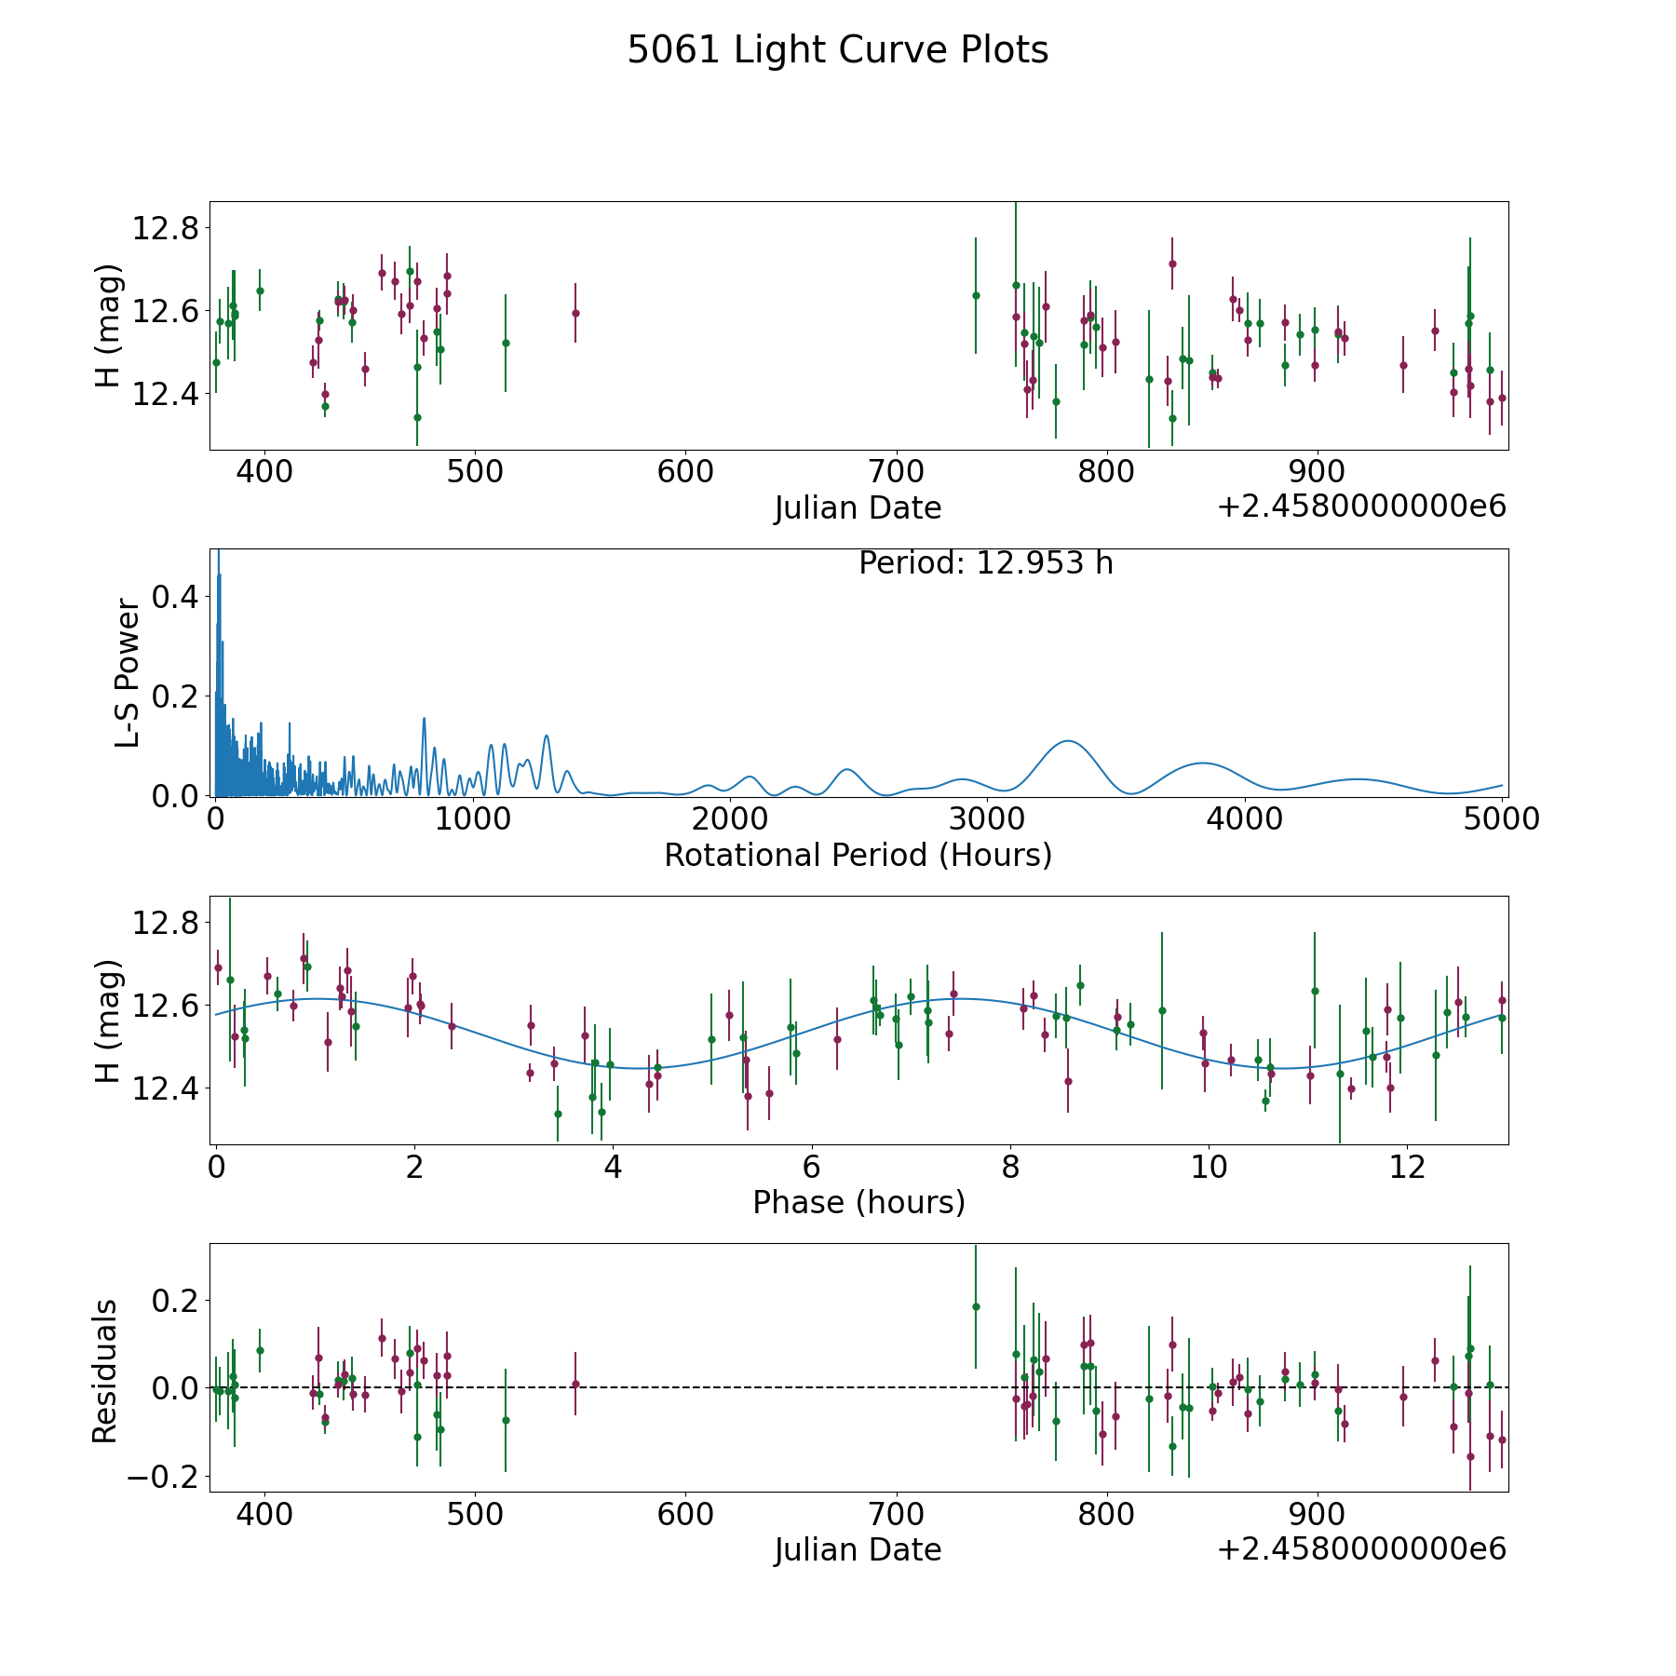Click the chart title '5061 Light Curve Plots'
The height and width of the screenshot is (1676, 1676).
pos(838,50)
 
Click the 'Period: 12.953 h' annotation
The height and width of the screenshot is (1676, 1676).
pos(986,563)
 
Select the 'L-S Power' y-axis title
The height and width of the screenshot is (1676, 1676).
pos(128,672)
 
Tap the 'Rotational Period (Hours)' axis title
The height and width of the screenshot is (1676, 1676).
pos(858,855)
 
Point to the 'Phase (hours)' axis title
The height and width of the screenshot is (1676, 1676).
pos(858,1202)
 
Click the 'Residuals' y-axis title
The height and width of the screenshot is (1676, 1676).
pos(105,1371)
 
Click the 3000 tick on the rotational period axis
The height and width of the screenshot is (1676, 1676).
pos(987,818)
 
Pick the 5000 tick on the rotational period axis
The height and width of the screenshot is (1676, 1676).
pos(1502,818)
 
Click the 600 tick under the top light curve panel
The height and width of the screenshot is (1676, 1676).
pos(685,471)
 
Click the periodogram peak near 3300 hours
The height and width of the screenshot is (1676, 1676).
pos(1067,741)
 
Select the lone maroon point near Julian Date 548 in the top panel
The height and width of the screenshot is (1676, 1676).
pos(575,313)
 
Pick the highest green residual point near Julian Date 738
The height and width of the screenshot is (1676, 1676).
pos(976,1306)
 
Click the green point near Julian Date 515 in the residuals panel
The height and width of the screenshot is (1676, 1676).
pos(506,1420)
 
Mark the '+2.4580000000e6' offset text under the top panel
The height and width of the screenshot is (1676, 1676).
pos(1361,507)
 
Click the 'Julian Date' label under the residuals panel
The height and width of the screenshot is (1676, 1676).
pos(858,1549)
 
